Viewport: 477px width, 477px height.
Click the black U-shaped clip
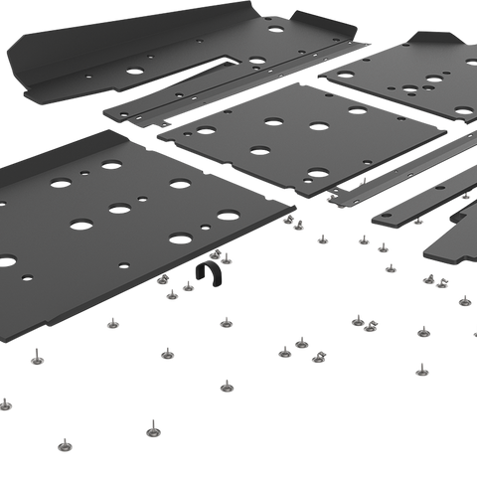(207, 270)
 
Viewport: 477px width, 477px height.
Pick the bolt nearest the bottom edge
(152, 429)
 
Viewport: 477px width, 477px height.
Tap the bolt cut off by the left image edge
(4, 401)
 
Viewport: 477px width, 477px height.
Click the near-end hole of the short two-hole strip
(382, 214)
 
